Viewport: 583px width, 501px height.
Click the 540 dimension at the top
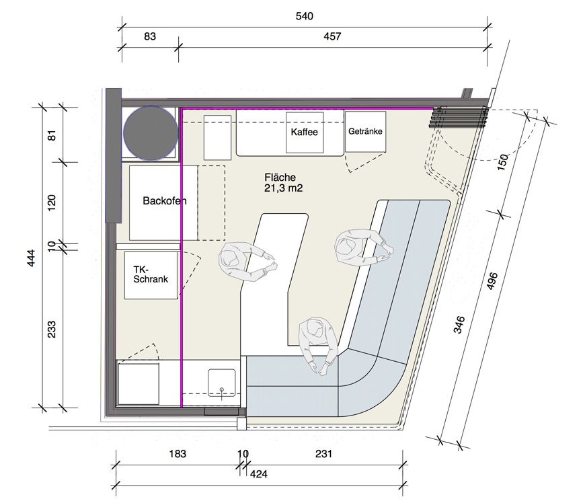304,16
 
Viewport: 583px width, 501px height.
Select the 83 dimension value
150,36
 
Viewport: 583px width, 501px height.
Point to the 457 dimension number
332,36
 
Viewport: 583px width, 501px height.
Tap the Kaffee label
304,132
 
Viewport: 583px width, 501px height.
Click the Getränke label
365,131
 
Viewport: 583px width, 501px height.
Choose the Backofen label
164,201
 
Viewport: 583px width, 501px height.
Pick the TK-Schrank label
151,274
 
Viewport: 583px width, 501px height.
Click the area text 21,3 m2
283,188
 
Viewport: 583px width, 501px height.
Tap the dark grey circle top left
151,132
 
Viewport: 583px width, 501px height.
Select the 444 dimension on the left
32,258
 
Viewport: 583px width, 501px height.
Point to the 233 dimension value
52,329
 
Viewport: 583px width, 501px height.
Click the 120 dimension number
52,202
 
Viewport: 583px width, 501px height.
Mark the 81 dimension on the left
52,135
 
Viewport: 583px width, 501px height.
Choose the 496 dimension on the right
492,281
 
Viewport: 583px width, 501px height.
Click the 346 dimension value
459,324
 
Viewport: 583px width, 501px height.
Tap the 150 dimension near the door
502,162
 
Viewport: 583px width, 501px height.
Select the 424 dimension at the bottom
258,474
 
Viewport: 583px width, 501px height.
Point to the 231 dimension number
323,454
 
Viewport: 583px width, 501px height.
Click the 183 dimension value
178,454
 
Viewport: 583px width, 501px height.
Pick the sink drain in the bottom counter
222,390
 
